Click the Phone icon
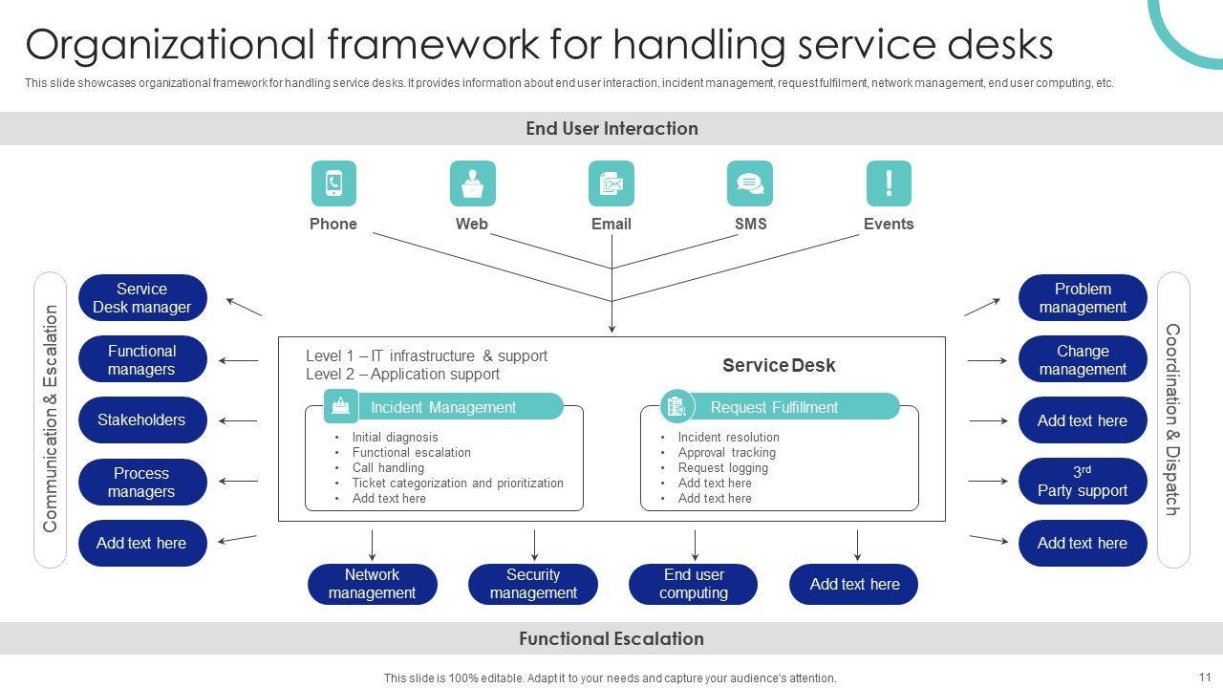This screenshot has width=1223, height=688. click(333, 183)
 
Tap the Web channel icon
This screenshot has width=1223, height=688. click(472, 183)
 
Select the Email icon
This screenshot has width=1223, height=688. click(611, 183)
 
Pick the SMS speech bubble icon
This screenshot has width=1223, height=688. click(750, 183)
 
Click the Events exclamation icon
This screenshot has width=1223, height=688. click(889, 183)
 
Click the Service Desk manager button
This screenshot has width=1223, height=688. click(142, 298)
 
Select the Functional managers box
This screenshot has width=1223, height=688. click(142, 360)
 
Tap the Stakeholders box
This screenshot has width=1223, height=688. click(142, 420)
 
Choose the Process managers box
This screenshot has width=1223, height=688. click(142, 482)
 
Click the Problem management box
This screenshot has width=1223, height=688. click(1083, 298)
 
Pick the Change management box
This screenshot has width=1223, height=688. click(1083, 360)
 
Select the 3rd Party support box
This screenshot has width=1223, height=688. click(1083, 482)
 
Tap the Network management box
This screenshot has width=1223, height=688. click(372, 584)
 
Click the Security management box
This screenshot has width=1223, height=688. click(533, 584)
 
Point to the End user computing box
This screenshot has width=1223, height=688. click(694, 584)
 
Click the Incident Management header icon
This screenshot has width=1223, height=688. click(341, 407)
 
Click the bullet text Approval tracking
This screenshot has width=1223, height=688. click(727, 453)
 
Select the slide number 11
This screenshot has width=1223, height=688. click(1204, 677)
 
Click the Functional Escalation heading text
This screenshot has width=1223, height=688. click(611, 639)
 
